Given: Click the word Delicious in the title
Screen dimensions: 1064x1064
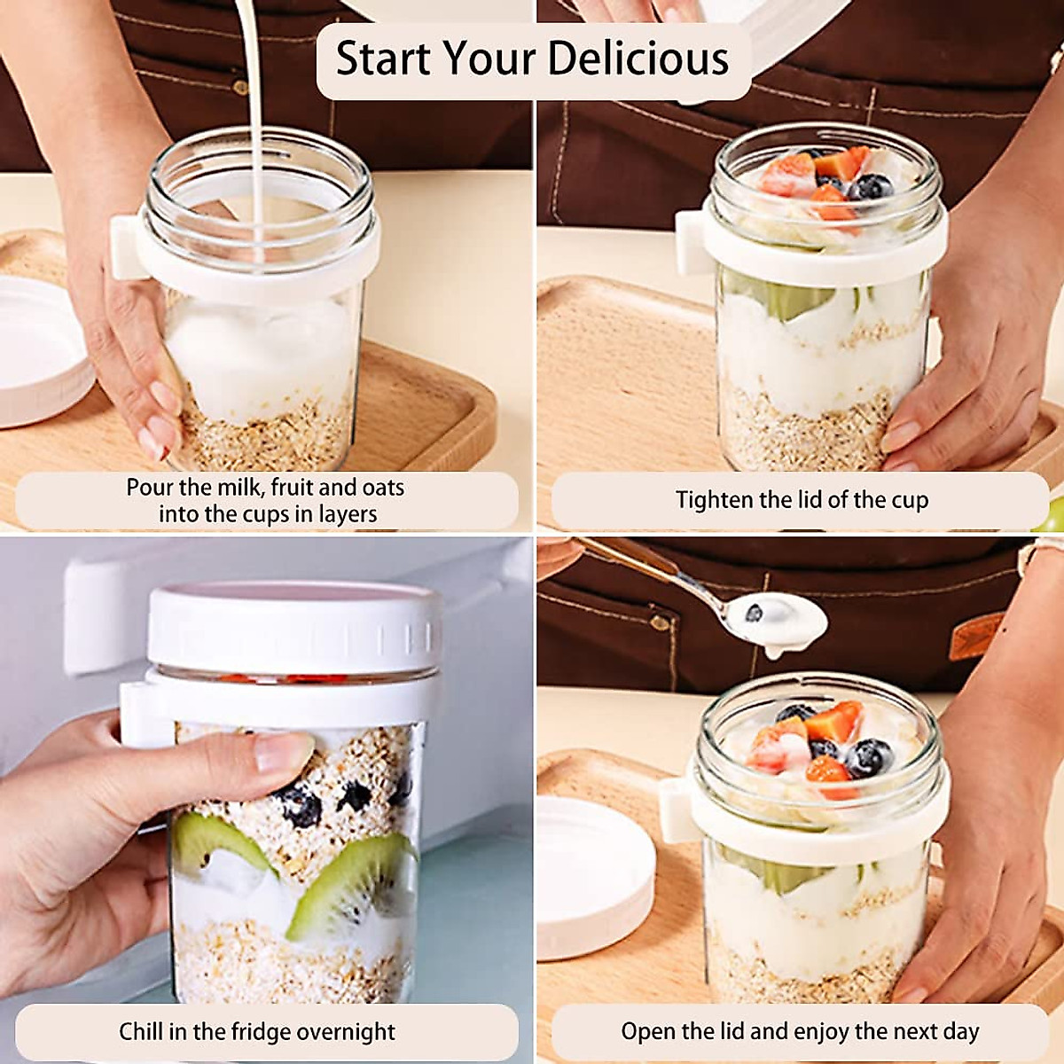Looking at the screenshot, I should point(638,59).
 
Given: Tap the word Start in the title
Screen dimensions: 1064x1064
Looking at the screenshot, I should point(383,59).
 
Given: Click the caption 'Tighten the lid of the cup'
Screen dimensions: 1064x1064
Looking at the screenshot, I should point(802,500).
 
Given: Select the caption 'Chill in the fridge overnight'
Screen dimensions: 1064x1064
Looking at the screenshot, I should point(257,1032).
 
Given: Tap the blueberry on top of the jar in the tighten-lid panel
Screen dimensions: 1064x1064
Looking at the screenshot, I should point(871,187).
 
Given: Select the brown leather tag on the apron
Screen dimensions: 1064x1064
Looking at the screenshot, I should point(976,635).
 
